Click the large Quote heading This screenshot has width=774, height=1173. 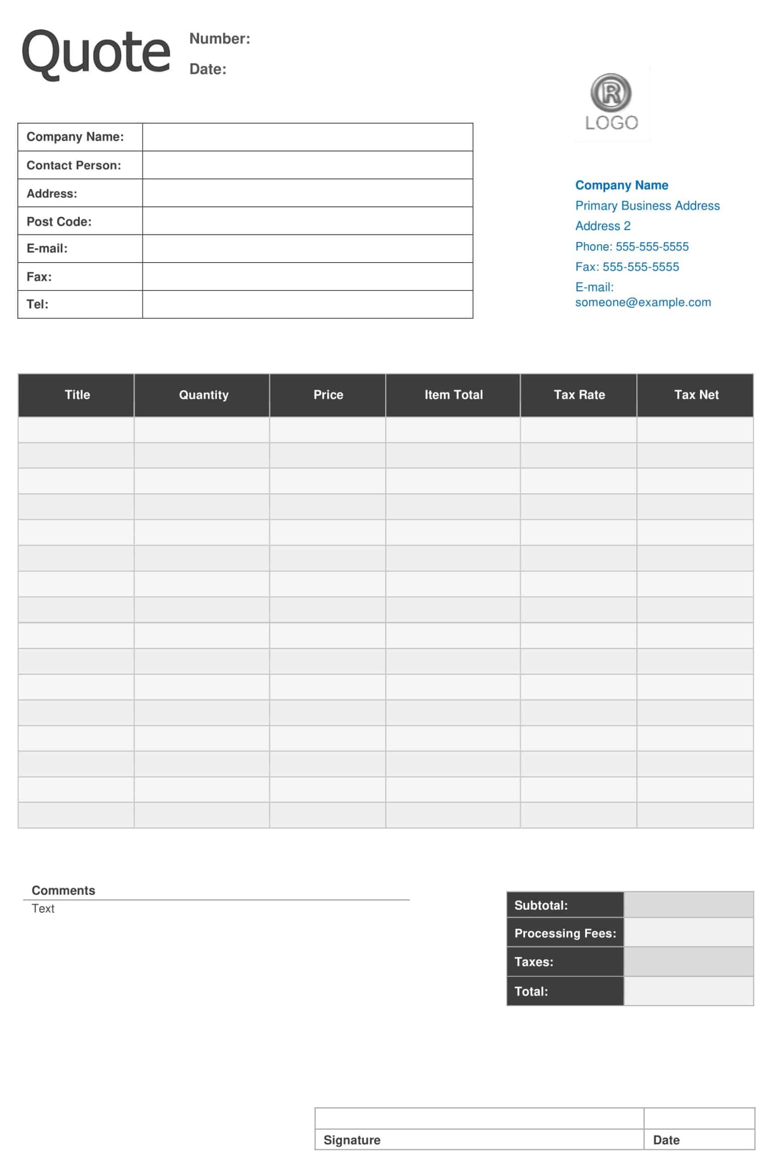click(x=96, y=52)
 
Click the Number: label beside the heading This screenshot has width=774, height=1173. click(x=220, y=38)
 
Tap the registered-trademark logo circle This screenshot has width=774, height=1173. click(x=611, y=92)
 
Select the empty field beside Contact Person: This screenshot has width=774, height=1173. click(x=307, y=165)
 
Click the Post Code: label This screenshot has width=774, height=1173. click(x=59, y=221)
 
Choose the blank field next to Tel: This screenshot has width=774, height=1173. click(x=307, y=304)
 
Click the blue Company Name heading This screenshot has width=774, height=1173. click(x=621, y=185)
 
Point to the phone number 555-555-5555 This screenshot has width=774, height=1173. click(x=652, y=247)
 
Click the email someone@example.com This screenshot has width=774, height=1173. click(x=643, y=302)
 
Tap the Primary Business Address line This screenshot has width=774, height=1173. click(x=647, y=206)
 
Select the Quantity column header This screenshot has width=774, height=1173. click(x=204, y=395)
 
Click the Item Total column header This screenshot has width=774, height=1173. click(x=453, y=395)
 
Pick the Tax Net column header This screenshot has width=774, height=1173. click(x=696, y=395)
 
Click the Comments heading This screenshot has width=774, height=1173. click(x=63, y=890)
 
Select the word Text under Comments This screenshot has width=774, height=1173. click(x=43, y=909)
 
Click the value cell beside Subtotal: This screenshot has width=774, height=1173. click(x=688, y=904)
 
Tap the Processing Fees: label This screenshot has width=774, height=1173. click(x=565, y=933)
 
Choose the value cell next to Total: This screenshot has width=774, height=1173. click(x=688, y=992)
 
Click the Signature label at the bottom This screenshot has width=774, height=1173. click(x=352, y=1140)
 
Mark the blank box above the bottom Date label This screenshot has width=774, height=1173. click(x=699, y=1118)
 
